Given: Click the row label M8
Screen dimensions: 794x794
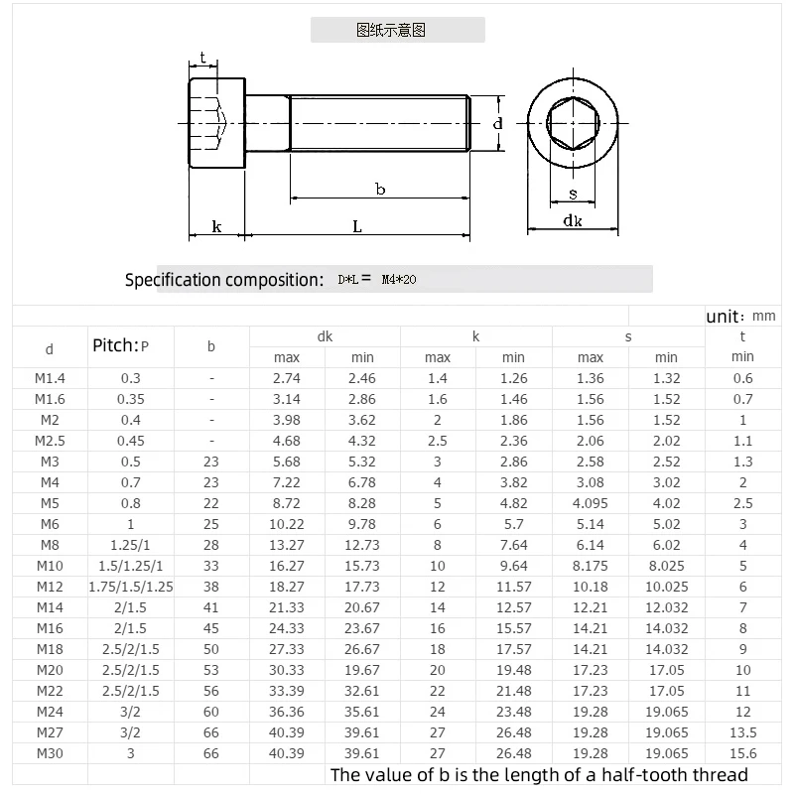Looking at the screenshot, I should (x=50, y=545).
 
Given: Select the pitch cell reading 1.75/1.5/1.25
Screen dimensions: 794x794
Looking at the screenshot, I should (x=131, y=587).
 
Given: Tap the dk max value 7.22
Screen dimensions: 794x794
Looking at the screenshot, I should (x=287, y=482).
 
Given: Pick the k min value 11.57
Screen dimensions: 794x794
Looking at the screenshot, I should (x=513, y=587).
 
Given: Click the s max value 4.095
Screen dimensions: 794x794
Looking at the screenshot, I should (x=590, y=503).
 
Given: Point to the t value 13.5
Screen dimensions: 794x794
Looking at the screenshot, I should (x=742, y=732).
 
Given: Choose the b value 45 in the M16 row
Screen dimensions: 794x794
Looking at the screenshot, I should (x=210, y=628).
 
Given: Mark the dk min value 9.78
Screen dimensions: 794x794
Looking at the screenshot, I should (x=362, y=524).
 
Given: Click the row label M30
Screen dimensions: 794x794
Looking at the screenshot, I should (x=50, y=753).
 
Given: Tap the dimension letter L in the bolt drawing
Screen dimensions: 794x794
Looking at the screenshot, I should (x=357, y=226).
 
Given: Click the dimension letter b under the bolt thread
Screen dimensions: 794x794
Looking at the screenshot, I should (x=380, y=189).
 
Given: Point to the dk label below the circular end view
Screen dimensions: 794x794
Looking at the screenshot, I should (x=572, y=221).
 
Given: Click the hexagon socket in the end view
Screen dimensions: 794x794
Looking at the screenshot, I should (x=573, y=124).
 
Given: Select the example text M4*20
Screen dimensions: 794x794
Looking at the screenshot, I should (x=399, y=280).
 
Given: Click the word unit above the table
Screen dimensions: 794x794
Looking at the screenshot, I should (x=723, y=317).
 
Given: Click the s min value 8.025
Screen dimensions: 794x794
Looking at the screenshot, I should (x=666, y=566).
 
